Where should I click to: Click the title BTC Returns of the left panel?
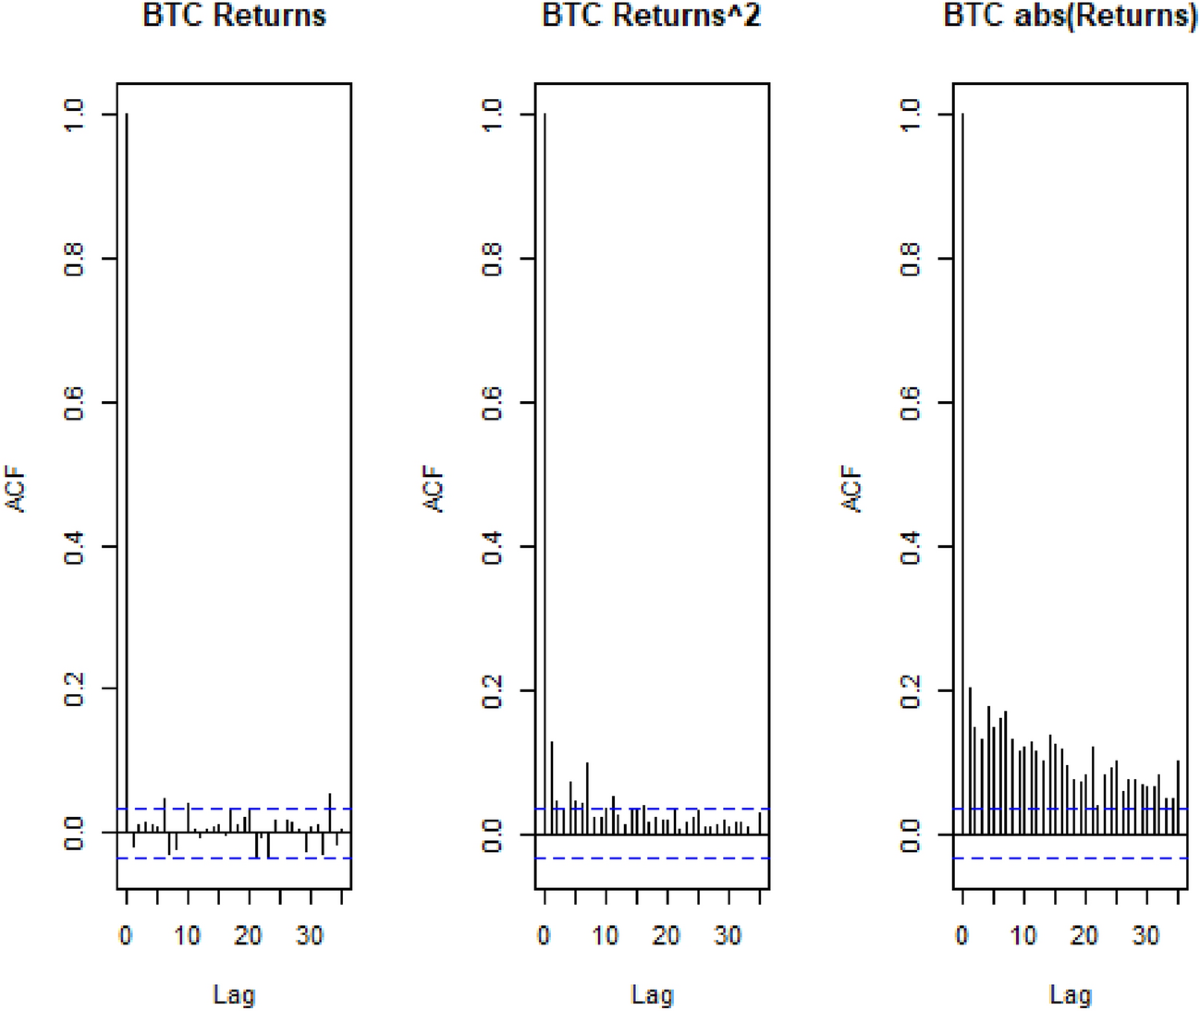(234, 17)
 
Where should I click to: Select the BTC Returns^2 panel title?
(652, 17)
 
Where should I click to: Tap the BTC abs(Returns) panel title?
(1070, 17)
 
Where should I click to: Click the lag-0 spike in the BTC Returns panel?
(127, 470)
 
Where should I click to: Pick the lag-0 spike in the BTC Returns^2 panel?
(545, 470)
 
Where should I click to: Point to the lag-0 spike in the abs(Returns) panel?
(963, 470)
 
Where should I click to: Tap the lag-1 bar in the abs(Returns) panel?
(969, 760)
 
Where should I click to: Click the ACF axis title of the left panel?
(17, 489)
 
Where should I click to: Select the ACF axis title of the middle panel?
(435, 489)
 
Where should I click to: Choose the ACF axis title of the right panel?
(853, 489)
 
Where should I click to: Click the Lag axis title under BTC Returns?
(234, 994)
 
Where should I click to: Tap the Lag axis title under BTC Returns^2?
(652, 994)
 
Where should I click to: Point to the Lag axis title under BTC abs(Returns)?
(1070, 994)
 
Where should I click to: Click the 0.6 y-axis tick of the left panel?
(75, 402)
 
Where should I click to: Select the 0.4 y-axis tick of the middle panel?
(493, 546)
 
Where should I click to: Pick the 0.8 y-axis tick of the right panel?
(911, 259)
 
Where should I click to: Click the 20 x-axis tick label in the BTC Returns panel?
(249, 936)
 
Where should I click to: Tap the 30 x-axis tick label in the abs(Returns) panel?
(1146, 936)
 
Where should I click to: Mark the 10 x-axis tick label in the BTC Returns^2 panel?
(605, 936)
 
